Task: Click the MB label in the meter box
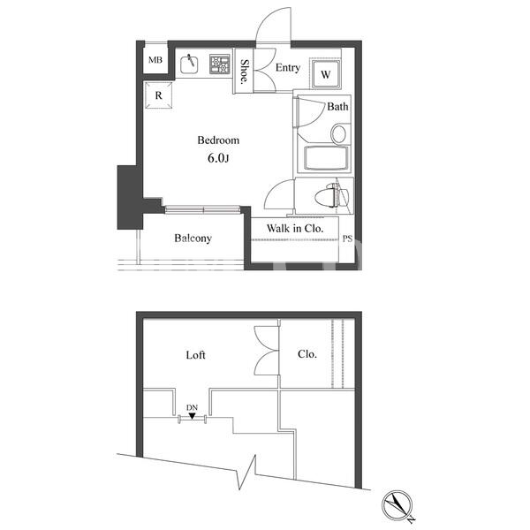[155, 60]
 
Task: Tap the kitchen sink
[189, 64]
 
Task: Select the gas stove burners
[220, 64]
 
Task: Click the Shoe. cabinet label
[244, 72]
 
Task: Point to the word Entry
[288, 68]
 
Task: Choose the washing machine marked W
[325, 74]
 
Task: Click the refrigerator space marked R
[158, 95]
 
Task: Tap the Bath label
[337, 107]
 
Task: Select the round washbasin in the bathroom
[338, 133]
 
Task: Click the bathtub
[326, 158]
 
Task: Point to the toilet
[327, 196]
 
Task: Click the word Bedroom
[218, 140]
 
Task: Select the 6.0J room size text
[218, 158]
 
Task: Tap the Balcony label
[193, 238]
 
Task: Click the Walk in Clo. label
[295, 229]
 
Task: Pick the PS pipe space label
[347, 238]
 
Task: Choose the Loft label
[196, 355]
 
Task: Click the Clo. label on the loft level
[307, 354]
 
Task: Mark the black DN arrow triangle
[192, 416]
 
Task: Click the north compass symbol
[397, 505]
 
